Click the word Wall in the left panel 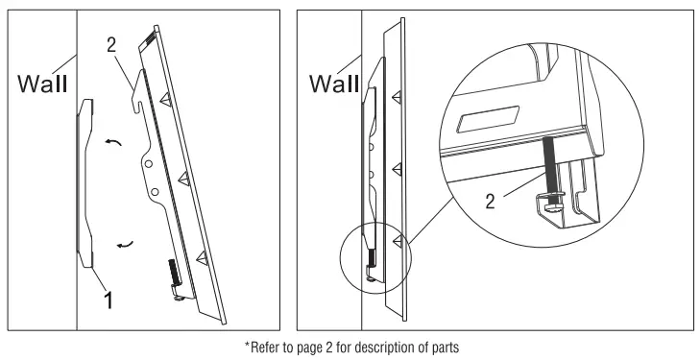[42, 84]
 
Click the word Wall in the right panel [334, 84]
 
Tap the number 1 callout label [109, 300]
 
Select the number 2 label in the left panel [111, 45]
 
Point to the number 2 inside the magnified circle [490, 203]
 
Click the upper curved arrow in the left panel [113, 142]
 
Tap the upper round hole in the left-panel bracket [148, 164]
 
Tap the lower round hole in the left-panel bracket [155, 192]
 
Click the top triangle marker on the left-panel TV [166, 100]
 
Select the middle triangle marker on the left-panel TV [184, 179]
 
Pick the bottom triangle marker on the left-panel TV [203, 258]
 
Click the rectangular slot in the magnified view [488, 119]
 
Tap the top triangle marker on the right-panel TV [397, 96]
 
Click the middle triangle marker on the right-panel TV [397, 169]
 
